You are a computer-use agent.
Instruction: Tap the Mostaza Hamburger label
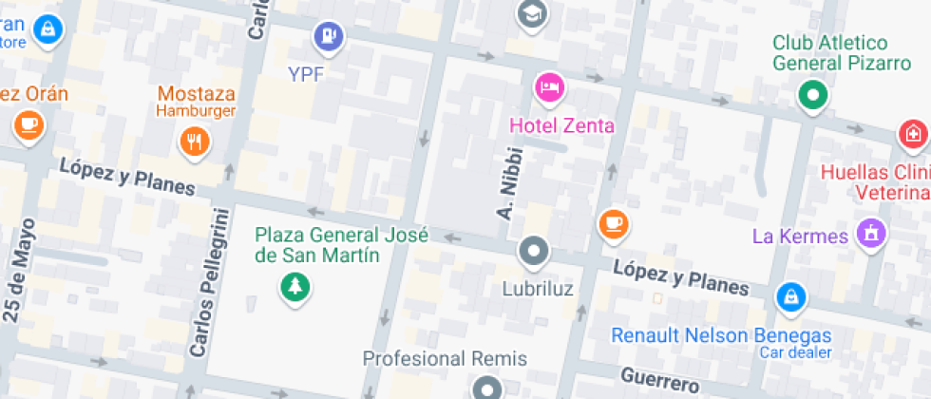click(x=196, y=102)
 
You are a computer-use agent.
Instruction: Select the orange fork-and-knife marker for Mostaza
click(x=195, y=142)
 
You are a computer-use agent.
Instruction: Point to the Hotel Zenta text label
click(x=561, y=125)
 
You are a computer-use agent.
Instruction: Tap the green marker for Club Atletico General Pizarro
click(x=812, y=95)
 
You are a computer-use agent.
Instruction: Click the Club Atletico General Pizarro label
click(x=829, y=53)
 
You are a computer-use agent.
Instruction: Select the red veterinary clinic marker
click(x=914, y=134)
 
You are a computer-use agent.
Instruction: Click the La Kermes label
click(x=799, y=236)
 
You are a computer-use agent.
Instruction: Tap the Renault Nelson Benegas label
click(x=721, y=335)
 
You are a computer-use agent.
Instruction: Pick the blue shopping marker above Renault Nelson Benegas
click(x=789, y=296)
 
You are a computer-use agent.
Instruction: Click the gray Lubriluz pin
click(x=534, y=252)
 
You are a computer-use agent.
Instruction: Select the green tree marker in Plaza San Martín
click(x=294, y=286)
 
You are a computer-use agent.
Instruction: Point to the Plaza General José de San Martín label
click(x=342, y=245)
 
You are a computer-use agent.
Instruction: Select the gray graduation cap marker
click(x=533, y=13)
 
